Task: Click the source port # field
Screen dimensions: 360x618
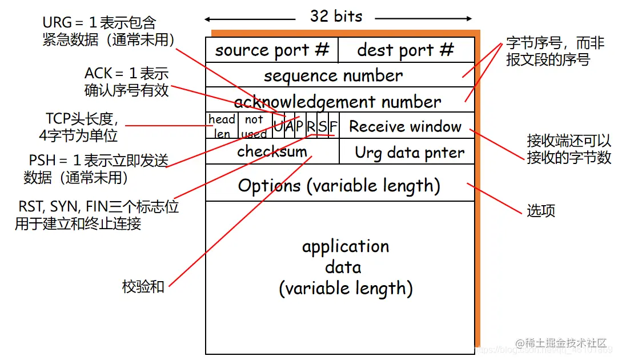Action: click(x=272, y=50)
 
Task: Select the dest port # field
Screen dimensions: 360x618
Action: click(x=406, y=50)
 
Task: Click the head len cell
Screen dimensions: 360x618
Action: click(x=222, y=126)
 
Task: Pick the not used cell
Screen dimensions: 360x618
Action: click(x=254, y=126)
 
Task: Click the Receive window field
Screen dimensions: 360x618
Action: click(x=406, y=126)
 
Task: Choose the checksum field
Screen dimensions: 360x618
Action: click(x=272, y=151)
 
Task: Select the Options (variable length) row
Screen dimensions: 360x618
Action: click(x=339, y=185)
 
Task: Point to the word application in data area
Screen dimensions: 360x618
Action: click(x=346, y=246)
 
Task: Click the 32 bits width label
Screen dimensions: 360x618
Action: click(x=336, y=16)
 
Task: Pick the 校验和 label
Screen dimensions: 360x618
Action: click(x=143, y=286)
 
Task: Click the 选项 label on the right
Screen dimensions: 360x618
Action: click(x=541, y=211)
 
